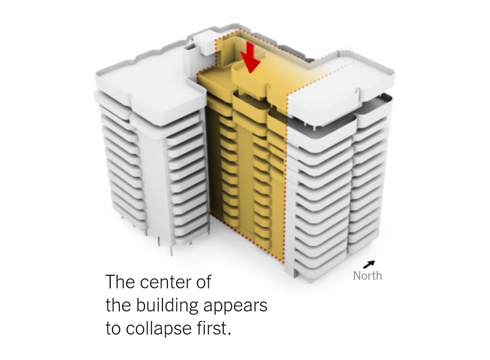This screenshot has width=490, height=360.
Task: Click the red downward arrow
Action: (x=250, y=58)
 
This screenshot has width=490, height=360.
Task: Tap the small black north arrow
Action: (x=369, y=264)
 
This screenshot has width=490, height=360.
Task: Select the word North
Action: (x=367, y=276)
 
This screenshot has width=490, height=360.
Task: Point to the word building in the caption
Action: (x=167, y=305)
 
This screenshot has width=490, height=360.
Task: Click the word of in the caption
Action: (x=204, y=282)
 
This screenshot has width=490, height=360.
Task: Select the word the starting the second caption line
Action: (x=118, y=305)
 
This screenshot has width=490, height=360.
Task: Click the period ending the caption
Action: (x=230, y=334)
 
